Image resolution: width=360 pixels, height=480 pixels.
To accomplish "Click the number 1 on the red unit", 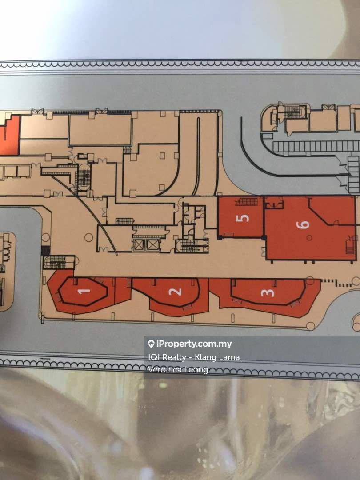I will [x=84, y=292].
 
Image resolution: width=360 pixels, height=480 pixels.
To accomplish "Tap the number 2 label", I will [x=176, y=292].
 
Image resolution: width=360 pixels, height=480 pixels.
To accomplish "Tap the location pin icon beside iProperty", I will [x=151, y=344].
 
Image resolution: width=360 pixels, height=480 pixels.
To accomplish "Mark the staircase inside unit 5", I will [x=247, y=202].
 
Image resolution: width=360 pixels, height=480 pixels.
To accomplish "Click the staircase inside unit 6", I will [x=350, y=244].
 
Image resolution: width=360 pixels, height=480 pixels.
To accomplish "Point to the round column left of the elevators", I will [x=89, y=238].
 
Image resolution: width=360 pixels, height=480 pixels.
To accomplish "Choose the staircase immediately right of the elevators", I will [x=192, y=245].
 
